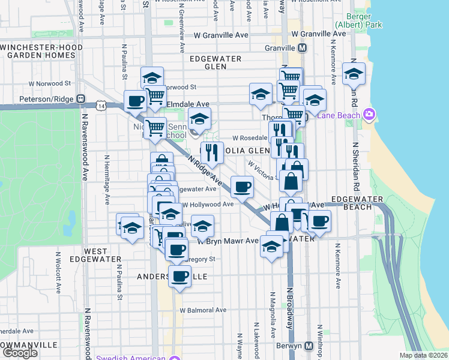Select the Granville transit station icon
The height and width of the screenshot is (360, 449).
(x=303, y=48)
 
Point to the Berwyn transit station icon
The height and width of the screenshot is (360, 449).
(x=309, y=346)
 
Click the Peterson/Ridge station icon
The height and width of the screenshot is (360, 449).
(x=80, y=98)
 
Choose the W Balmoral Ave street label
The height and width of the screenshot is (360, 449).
(x=203, y=310)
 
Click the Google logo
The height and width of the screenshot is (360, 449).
(x=20, y=353)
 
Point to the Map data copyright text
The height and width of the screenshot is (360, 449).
(x=424, y=355)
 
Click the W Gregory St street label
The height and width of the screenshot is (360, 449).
(x=198, y=259)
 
